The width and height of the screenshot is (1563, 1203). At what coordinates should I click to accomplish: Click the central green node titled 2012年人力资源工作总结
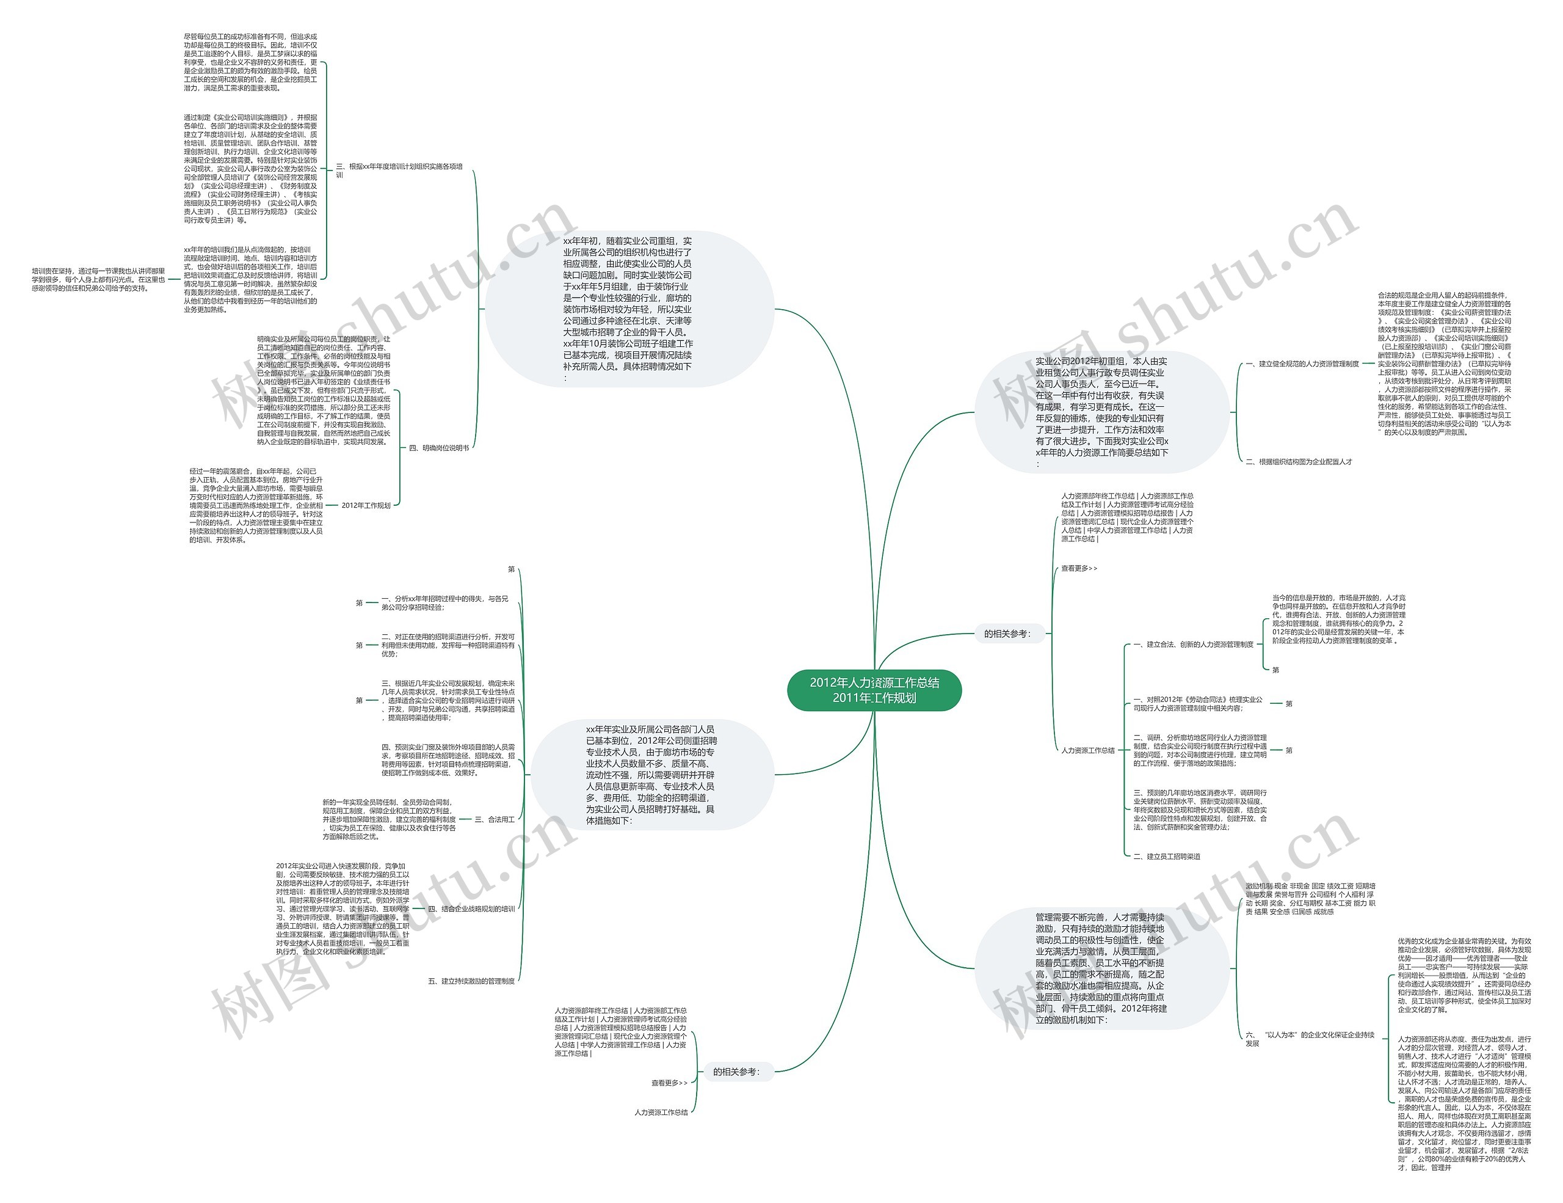coord(874,690)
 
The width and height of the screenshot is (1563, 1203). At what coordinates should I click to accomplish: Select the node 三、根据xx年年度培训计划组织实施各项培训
coord(399,170)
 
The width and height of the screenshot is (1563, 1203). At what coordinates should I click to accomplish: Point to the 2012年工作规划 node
coord(366,505)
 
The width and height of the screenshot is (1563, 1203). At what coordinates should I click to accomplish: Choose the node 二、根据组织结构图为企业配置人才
coord(1299,462)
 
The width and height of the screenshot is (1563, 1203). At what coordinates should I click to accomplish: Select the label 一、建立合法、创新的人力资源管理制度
coord(1193,645)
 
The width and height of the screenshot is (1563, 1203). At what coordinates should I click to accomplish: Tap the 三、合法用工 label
coord(495,819)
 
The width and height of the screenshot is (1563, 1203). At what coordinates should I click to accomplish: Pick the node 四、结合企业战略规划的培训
coord(471,909)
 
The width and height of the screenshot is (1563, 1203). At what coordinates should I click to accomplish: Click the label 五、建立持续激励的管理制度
coord(471,981)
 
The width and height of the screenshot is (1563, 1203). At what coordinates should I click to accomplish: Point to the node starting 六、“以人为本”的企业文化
coord(1310,1039)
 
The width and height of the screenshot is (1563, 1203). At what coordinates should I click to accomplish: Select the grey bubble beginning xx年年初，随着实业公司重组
coord(628,309)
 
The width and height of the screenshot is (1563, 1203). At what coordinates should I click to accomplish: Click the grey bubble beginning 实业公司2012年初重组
coord(1101,412)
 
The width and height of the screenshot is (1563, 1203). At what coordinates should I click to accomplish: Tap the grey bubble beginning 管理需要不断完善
coord(1101,969)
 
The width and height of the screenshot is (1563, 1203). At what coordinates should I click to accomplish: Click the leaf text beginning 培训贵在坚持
coord(98,280)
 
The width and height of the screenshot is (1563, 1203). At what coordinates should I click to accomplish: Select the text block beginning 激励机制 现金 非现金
coord(1310,899)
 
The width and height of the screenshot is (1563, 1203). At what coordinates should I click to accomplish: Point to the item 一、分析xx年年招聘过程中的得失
coord(444,603)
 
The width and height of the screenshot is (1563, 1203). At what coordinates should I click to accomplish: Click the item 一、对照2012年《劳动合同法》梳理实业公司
coord(1198,704)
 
